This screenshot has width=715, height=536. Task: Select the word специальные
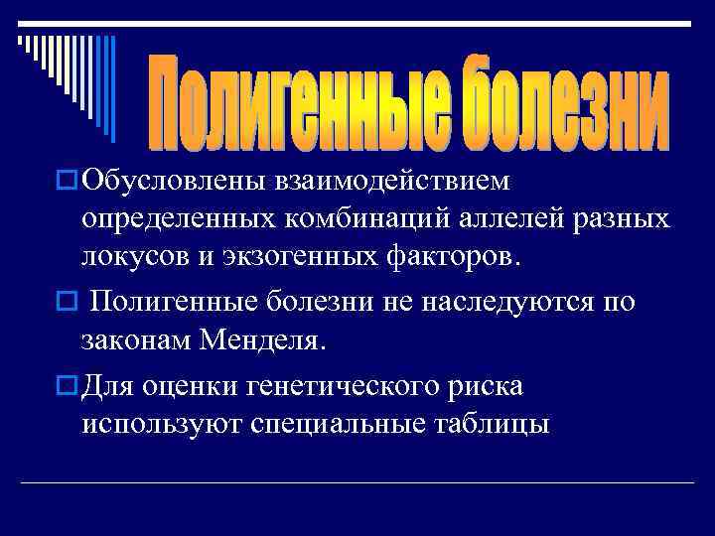point(347,423)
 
